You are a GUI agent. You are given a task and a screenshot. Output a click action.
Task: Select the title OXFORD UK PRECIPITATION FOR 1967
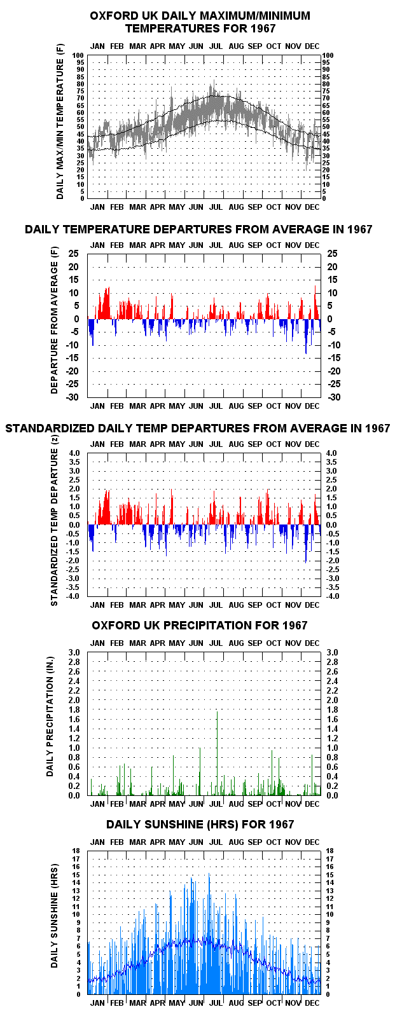[x=200, y=625]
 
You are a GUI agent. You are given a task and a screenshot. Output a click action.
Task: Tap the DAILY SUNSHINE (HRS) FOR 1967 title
[x=200, y=825]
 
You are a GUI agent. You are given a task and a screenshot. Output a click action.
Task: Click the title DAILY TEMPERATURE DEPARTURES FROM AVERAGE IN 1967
[x=198, y=229]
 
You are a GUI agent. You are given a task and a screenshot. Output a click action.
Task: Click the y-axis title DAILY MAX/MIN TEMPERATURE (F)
[x=60, y=121]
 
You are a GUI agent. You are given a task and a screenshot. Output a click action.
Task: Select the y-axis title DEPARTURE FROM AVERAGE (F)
[x=55, y=320]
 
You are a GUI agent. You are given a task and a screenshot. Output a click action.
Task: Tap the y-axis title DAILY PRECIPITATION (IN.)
[x=50, y=716]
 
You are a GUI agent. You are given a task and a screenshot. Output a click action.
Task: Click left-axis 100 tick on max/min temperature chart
[x=78, y=55]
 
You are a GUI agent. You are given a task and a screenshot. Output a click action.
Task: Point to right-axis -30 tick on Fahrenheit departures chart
[x=334, y=397]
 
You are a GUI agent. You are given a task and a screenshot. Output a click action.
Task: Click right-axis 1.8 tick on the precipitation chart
[x=332, y=709]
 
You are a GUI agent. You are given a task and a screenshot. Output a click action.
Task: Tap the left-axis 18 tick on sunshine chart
[x=76, y=851]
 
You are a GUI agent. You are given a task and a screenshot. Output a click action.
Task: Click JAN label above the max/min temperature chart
[x=97, y=46]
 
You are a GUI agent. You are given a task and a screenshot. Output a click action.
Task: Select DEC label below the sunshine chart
[x=312, y=1003]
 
